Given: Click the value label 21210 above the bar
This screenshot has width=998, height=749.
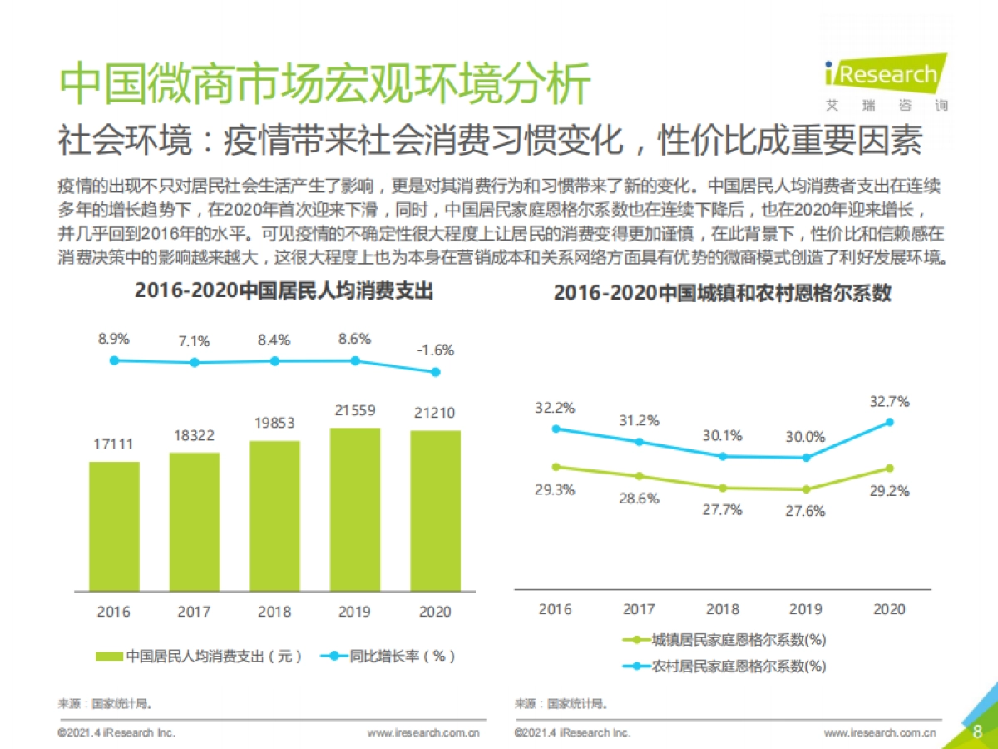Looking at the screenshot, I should click(435, 413).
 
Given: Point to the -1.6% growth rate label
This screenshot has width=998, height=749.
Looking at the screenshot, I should click(435, 350).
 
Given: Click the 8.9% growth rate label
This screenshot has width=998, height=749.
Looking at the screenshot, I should click(114, 339).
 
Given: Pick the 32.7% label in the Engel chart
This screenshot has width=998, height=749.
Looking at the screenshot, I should click(888, 401).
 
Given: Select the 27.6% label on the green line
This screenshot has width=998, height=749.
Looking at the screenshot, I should click(804, 511).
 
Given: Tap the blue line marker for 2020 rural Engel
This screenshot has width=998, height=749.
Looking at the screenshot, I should click(889, 422).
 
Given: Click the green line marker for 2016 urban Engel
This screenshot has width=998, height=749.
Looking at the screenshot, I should click(556, 467).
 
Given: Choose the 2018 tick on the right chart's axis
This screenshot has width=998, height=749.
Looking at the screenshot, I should click(722, 609).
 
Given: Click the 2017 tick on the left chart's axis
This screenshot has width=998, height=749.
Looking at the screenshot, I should click(194, 612).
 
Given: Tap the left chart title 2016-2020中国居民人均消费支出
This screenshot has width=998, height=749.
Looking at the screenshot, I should click(284, 291).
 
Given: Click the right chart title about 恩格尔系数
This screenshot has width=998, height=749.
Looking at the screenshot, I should click(722, 293).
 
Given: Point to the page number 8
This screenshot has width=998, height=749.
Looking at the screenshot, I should click(977, 732).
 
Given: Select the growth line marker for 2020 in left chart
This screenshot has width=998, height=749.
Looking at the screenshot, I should click(435, 372).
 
